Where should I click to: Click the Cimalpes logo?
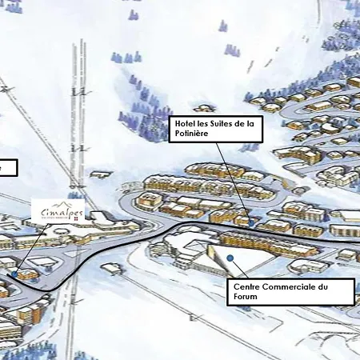(62, 211)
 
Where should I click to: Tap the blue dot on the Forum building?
(230, 258)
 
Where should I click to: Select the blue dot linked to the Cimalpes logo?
(14, 274)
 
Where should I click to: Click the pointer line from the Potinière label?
(236, 181)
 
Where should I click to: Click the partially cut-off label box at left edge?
(6, 166)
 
